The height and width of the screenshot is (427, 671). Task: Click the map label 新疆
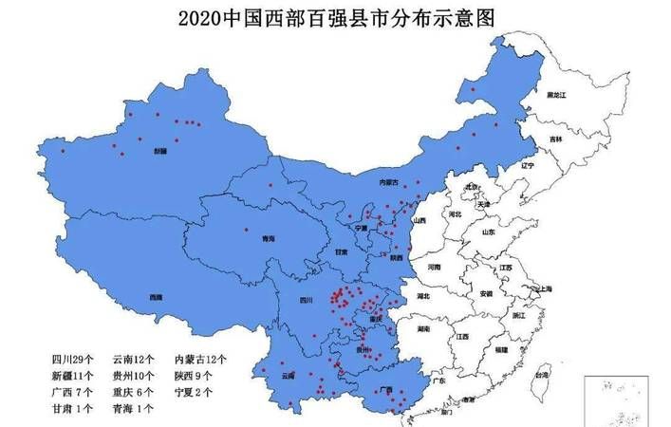coord(159,150)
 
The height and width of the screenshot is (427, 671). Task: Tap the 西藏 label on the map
coord(155,297)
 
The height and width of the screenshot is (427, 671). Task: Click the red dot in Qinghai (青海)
coord(246,229)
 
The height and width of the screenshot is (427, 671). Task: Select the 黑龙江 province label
coord(555,97)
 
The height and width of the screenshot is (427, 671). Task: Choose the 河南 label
coord(435,269)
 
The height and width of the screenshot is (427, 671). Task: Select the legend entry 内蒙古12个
coord(199,360)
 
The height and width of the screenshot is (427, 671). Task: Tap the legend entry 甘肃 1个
coord(72,409)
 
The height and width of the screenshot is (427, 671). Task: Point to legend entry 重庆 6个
coord(134,392)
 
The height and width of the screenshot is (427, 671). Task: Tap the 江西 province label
coord(463,337)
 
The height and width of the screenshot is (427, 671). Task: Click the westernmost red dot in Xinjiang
coord(63,151)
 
